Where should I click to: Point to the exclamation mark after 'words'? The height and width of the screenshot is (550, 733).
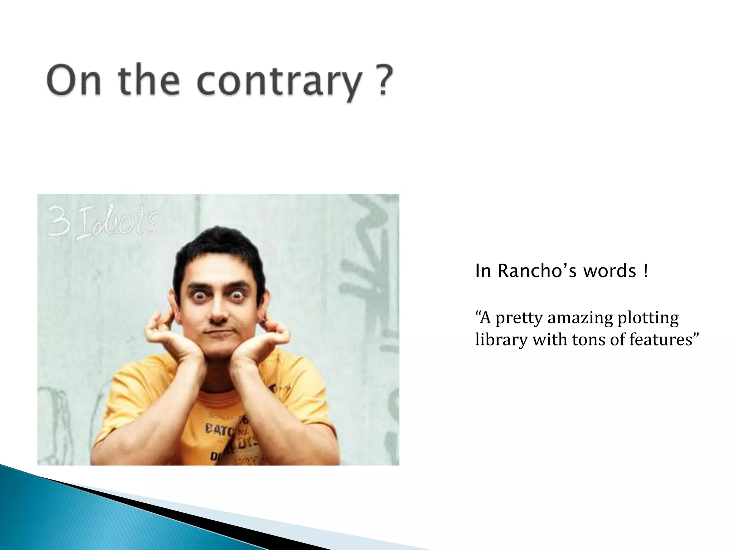pyautogui.click(x=645, y=271)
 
